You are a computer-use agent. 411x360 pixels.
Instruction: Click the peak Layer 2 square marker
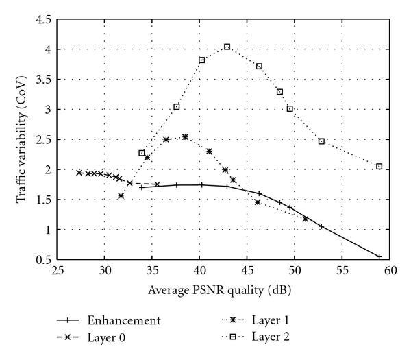tap(227, 47)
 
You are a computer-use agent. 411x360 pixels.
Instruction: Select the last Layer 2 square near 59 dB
tap(379, 167)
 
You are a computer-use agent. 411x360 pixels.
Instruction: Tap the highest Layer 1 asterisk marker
tap(185, 137)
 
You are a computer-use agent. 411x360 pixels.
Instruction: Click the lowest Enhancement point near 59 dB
tap(379, 256)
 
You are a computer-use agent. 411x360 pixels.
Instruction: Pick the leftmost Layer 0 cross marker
tap(79, 173)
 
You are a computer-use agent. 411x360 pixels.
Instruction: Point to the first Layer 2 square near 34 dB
tap(142, 153)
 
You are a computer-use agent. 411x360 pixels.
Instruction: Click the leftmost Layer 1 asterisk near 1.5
tap(121, 196)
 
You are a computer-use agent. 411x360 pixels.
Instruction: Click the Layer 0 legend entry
tap(110, 337)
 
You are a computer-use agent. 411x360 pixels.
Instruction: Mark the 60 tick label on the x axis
tap(389, 272)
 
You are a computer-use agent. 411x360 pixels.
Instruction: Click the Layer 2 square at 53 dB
tap(321, 141)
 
